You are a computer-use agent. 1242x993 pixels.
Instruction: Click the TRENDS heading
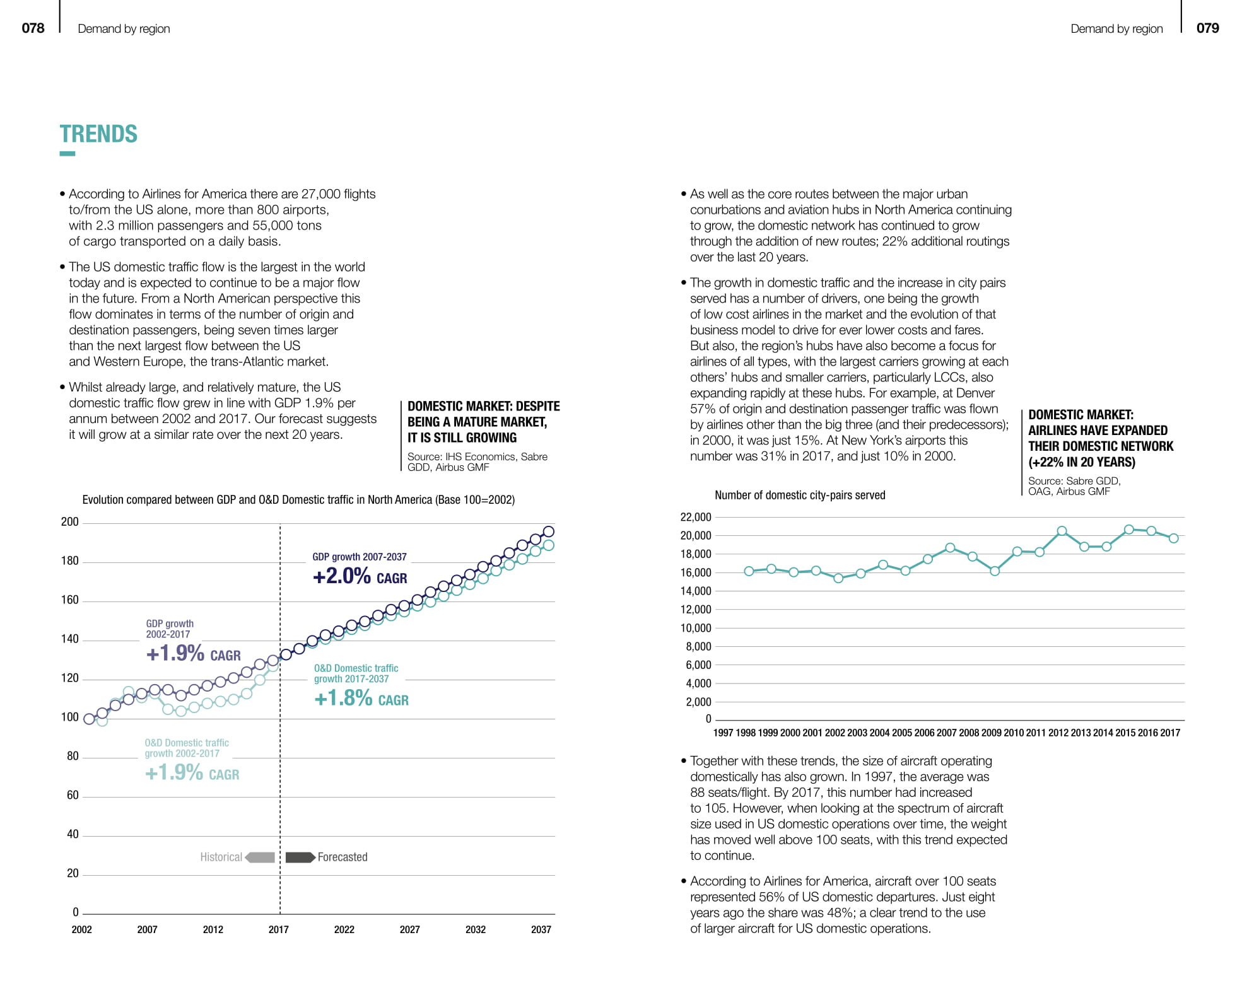click(98, 134)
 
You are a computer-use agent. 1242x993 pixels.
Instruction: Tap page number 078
click(33, 28)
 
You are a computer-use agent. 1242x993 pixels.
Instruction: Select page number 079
click(1207, 28)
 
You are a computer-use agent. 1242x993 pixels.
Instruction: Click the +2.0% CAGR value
click(360, 576)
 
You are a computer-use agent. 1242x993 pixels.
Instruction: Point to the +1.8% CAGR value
click(361, 699)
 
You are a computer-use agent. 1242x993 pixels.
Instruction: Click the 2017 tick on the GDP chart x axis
click(278, 929)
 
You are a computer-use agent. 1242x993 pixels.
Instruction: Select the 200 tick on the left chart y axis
click(70, 522)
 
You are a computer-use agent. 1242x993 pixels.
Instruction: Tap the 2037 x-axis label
click(541, 929)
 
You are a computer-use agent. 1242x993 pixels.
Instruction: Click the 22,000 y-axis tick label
click(695, 518)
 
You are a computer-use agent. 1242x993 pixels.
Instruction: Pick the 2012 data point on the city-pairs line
click(1062, 531)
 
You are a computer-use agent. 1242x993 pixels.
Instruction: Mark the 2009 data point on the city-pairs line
click(995, 571)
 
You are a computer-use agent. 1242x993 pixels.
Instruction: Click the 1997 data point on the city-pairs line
click(749, 571)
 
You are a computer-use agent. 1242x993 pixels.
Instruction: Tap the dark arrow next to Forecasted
click(300, 857)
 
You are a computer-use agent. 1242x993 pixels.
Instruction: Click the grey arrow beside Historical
click(260, 857)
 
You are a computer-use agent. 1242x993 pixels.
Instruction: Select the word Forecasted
click(343, 857)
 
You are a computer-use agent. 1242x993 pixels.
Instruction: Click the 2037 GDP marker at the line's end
click(549, 531)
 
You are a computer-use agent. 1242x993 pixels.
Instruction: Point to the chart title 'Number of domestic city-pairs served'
click(800, 496)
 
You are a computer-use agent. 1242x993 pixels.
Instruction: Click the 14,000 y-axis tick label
click(695, 591)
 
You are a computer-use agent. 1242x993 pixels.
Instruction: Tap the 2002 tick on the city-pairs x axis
click(835, 733)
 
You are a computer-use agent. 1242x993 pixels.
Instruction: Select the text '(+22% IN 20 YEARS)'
click(1081, 462)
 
